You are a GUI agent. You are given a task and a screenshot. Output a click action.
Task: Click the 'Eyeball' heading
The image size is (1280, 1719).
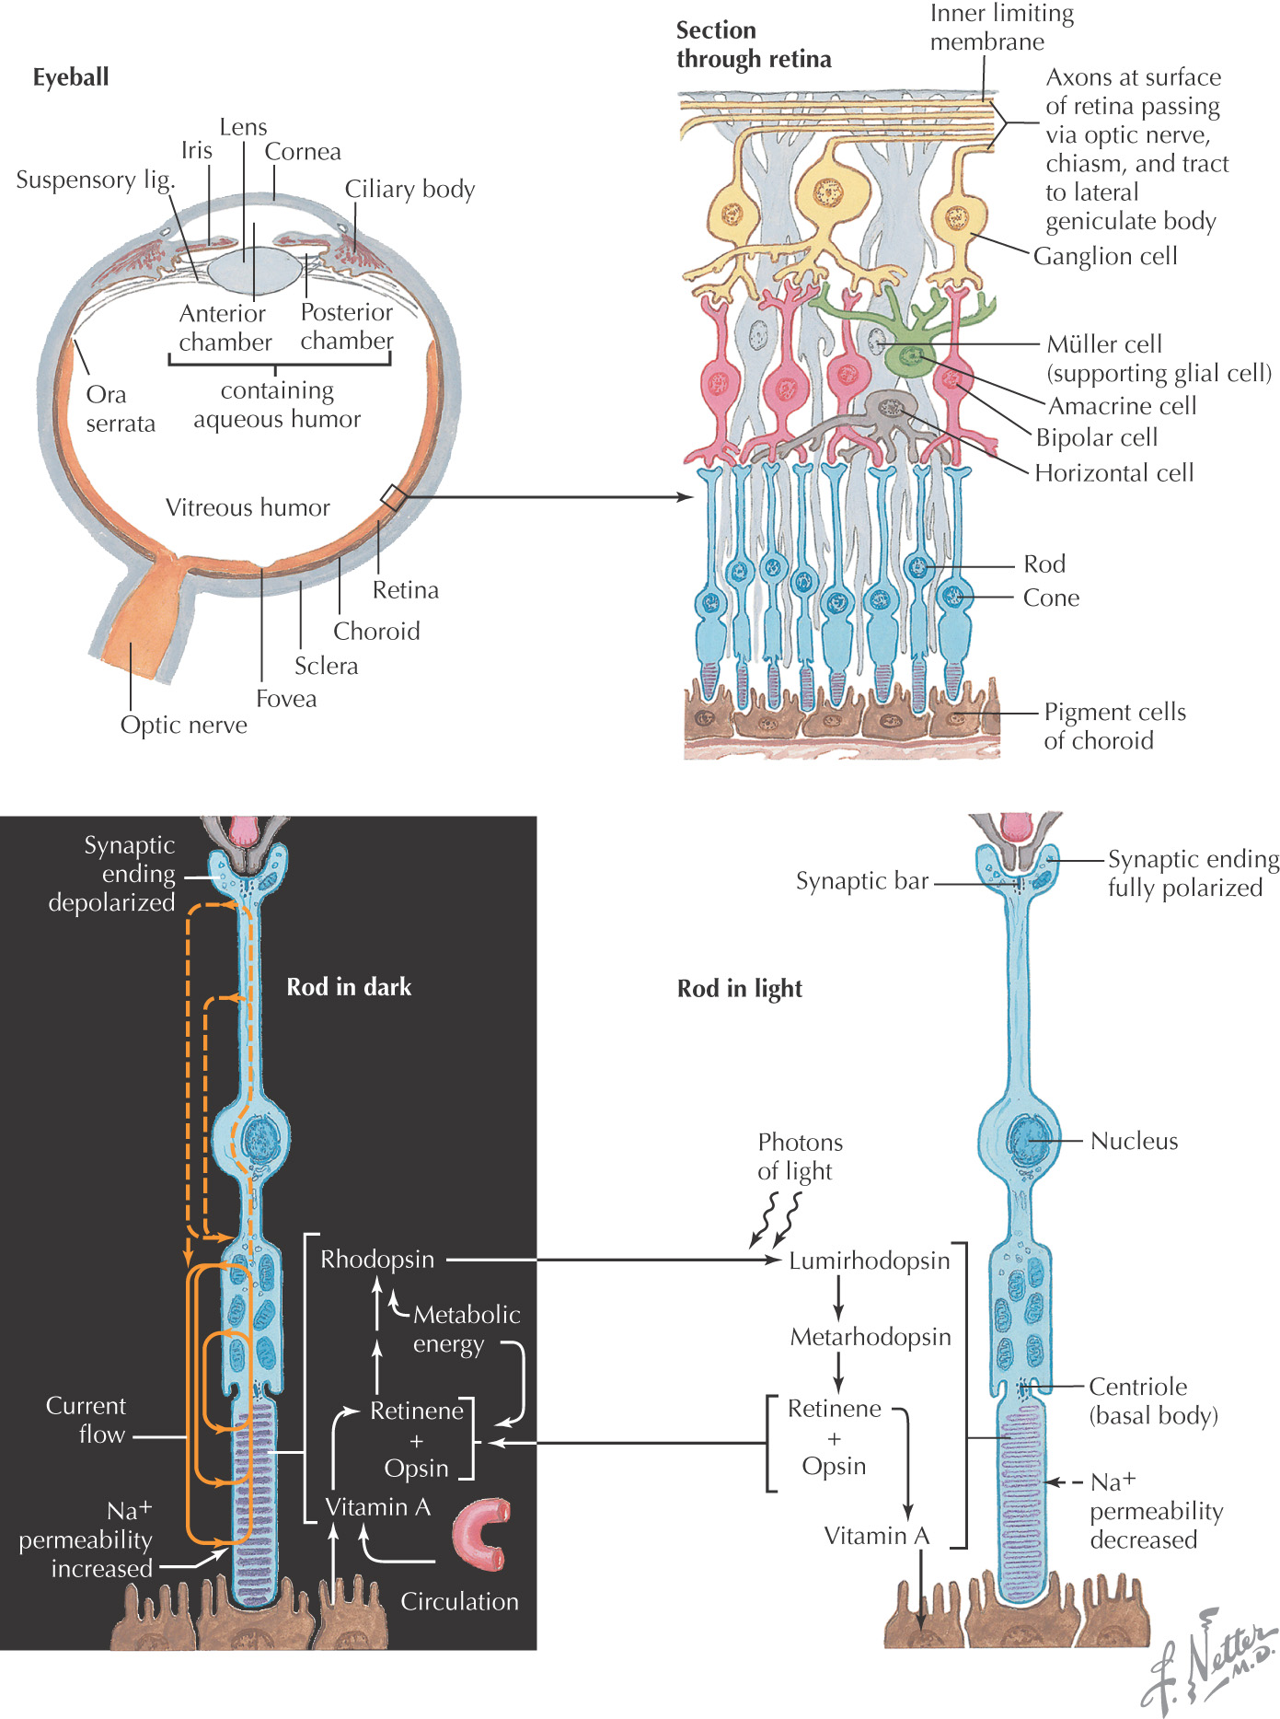71,77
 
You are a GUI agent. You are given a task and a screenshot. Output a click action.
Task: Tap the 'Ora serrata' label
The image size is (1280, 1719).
120,409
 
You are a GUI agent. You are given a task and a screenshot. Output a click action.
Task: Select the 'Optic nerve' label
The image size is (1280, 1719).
184,726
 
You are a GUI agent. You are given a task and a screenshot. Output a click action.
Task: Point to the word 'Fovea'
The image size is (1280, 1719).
286,699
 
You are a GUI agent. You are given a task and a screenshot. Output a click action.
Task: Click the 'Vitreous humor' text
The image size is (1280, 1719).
248,508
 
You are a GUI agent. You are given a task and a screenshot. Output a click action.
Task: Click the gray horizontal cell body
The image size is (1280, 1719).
889,408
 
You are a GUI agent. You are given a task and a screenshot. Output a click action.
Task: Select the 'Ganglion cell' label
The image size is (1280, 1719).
1105,256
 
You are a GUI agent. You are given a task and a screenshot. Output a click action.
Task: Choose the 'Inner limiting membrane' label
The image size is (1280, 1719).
1001,28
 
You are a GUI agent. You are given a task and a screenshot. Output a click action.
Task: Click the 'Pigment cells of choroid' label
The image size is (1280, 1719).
1114,726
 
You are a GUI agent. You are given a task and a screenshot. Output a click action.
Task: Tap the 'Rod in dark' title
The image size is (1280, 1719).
349,987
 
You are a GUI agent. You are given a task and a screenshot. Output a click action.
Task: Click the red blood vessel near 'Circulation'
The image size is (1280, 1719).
480,1533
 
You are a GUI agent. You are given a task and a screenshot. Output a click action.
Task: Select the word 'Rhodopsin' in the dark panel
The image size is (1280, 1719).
377,1260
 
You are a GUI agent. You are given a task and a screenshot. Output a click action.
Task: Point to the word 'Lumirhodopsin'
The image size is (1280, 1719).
869,1260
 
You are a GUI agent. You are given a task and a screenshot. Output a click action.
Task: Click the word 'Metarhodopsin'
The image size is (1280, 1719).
871,1337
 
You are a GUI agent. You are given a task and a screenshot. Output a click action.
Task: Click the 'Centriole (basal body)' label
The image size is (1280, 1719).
1153,1400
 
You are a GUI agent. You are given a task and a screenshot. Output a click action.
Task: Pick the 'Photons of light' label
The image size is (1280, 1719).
800,1156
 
